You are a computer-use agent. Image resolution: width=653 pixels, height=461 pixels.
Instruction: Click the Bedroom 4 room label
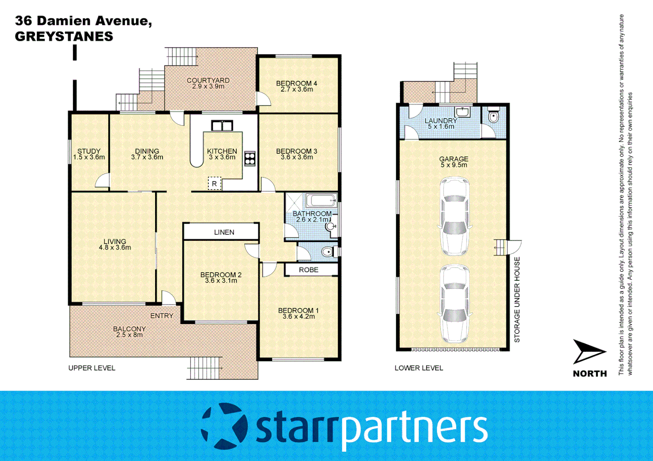point(297,84)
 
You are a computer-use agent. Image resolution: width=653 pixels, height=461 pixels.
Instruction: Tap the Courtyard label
point(208,80)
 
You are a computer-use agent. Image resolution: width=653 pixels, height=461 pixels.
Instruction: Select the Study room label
point(89,151)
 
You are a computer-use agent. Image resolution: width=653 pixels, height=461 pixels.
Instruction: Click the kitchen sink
point(222,125)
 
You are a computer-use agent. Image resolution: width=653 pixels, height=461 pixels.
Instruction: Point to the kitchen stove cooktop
point(250,158)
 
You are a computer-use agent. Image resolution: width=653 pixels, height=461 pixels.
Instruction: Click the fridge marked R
point(215,184)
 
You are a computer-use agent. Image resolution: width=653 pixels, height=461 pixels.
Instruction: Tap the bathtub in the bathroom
point(321,200)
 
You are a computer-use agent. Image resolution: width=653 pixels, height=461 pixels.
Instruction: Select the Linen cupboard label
point(224,232)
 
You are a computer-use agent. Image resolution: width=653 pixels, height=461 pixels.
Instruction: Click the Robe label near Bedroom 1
point(309,270)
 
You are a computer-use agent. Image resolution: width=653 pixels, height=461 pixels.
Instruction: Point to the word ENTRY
point(162,316)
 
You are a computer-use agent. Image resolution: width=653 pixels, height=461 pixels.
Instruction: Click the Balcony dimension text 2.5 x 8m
point(129,335)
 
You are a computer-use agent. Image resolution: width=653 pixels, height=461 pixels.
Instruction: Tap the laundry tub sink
point(462,112)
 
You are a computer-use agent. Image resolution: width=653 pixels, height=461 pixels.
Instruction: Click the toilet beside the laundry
point(494,116)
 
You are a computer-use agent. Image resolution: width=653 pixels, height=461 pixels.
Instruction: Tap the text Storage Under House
point(517,300)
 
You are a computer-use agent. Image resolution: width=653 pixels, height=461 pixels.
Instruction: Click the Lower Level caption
point(419,368)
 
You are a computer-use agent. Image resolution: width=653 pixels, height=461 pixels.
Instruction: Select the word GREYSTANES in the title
point(64,37)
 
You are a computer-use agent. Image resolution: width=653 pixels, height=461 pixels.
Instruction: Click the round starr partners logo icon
point(225,426)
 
